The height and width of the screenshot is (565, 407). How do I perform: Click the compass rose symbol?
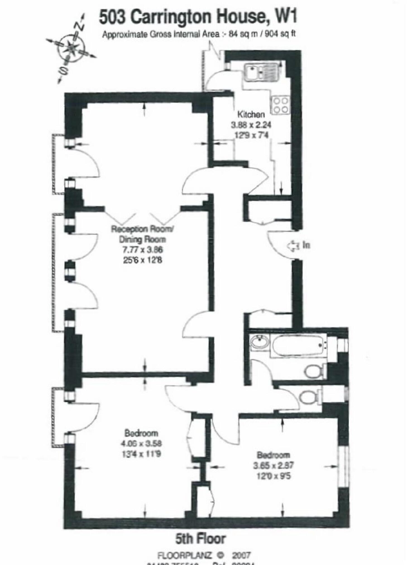tap(71, 48)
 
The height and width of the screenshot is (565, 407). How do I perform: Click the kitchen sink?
tap(261, 72)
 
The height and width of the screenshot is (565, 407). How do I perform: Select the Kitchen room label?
tap(251, 114)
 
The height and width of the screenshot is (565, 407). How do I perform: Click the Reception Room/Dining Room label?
tap(142, 234)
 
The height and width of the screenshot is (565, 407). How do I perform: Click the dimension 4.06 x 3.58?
tap(141, 443)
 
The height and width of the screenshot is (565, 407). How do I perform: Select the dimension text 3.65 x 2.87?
tap(273, 465)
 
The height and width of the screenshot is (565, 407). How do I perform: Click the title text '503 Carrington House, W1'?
tap(198, 17)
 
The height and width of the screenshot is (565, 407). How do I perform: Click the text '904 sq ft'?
tap(280, 34)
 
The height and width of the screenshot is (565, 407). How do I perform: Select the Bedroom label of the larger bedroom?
tap(141, 433)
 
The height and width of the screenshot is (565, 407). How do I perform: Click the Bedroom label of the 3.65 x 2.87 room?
tap(273, 455)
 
